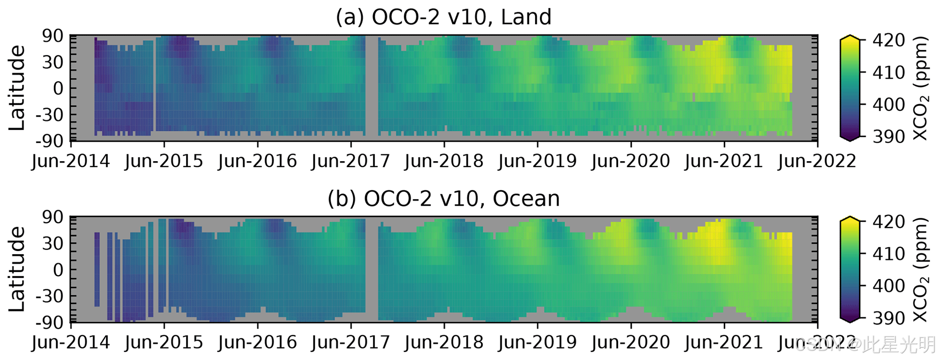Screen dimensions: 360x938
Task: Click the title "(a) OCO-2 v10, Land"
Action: [x=443, y=17]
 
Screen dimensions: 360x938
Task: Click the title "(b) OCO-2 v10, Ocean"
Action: [x=443, y=199]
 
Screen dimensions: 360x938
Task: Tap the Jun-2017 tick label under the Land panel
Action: [x=350, y=161]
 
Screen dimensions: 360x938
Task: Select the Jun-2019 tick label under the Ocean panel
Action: [x=537, y=343]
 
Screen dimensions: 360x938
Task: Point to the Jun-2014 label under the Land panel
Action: [x=71, y=161]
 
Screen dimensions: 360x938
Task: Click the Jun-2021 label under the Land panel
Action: [x=724, y=161]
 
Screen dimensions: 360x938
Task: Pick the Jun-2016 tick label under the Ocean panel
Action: [x=257, y=343]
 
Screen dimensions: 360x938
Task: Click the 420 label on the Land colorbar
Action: [x=889, y=40]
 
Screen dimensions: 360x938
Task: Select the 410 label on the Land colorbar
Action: [x=889, y=72]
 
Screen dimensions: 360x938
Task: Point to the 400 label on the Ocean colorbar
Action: [x=889, y=286]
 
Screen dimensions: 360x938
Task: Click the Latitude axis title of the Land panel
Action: [x=17, y=88]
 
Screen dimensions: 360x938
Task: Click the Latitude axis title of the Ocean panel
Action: [x=17, y=269]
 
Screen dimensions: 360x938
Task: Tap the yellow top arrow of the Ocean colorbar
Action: [x=850, y=219]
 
